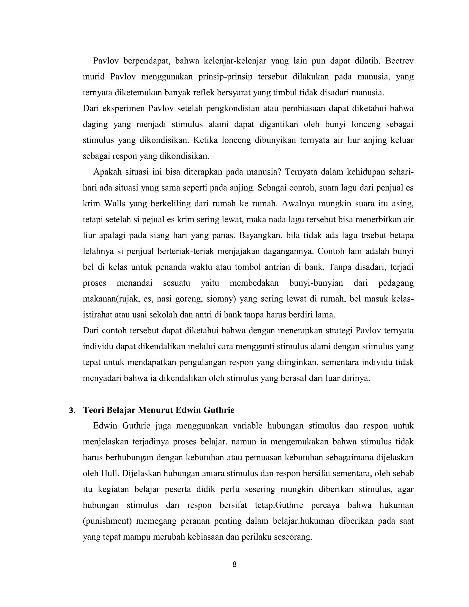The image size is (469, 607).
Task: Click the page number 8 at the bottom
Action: pyautogui.click(x=234, y=564)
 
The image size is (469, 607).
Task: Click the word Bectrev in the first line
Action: pyautogui.click(x=399, y=61)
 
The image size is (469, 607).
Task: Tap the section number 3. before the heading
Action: pyautogui.click(x=72, y=410)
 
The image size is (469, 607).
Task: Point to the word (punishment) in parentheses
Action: pyautogui.click(x=107, y=521)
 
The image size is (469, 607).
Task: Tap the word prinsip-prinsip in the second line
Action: pyautogui.click(x=225, y=77)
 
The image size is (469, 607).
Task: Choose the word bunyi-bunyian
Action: pyautogui.click(x=316, y=283)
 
